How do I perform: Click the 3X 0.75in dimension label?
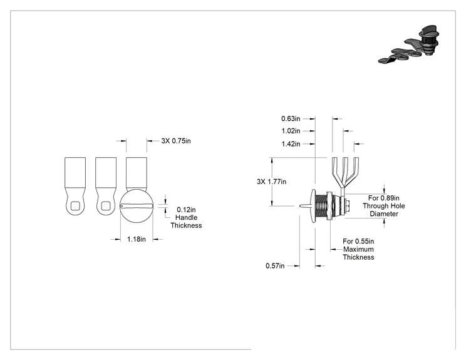point(176,141)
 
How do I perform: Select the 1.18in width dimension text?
point(137,239)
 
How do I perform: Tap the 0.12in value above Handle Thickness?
point(186,210)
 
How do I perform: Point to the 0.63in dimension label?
point(291,118)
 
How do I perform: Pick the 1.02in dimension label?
point(291,131)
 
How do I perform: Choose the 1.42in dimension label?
point(291,144)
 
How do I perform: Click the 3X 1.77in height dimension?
point(271,182)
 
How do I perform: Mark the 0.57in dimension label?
point(275,265)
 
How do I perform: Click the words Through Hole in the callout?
point(384,206)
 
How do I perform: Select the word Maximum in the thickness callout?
point(358,249)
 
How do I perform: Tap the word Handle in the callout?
point(187,217)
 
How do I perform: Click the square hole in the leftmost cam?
point(75,205)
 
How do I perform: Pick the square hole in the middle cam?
point(106,205)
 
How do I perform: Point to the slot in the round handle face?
point(137,206)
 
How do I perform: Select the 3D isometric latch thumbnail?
point(409,44)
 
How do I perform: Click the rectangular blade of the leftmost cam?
point(75,172)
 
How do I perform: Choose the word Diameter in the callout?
point(384,214)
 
